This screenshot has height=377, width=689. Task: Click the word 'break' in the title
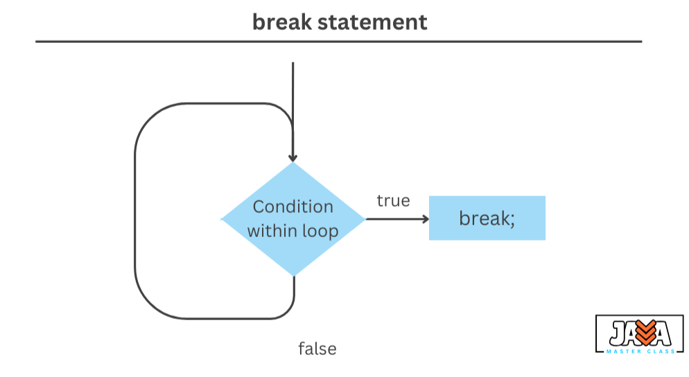coord(281,22)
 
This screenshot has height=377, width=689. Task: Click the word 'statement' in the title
coord(372,22)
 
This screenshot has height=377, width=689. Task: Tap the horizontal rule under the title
coord(339,42)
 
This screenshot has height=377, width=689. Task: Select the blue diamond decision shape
coord(293,219)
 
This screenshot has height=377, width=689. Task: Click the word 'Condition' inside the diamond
coord(293,207)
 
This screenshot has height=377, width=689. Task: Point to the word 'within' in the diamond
coord(272,231)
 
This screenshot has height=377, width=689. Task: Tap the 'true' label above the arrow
coord(393,201)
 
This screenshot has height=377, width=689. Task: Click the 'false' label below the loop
coord(317,349)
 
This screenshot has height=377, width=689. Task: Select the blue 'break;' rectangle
coord(487,218)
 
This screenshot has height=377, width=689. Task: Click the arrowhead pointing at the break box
coord(425,219)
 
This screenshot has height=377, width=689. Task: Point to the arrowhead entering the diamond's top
coord(293,158)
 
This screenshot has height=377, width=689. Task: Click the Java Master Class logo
coord(640,334)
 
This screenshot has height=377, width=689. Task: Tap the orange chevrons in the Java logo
coord(646,333)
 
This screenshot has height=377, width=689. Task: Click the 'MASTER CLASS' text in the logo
coord(640,351)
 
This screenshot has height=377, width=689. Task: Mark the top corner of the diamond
coord(293,163)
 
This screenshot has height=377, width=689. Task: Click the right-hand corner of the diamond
coord(365,219)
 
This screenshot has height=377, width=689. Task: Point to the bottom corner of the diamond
coord(293,277)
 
